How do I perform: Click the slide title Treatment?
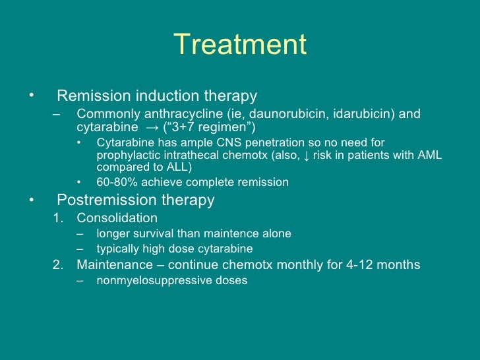click(x=241, y=45)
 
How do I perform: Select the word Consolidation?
click(x=117, y=218)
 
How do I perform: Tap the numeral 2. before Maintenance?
click(x=58, y=265)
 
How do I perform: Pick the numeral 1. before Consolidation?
click(x=58, y=218)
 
